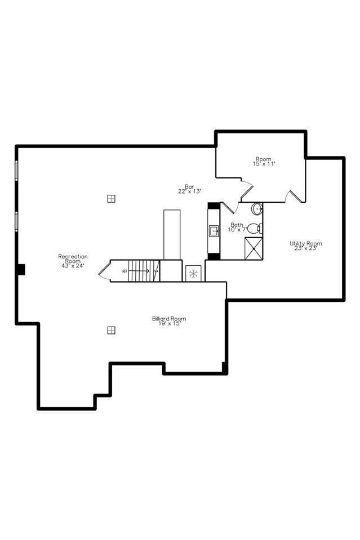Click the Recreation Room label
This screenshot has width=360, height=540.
pyautogui.click(x=73, y=258)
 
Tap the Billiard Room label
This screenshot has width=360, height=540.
pyautogui.click(x=168, y=319)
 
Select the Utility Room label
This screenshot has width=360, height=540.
pyautogui.click(x=306, y=243)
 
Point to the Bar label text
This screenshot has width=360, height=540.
pyautogui.click(x=189, y=186)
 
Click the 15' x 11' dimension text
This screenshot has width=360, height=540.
pyautogui.click(x=264, y=163)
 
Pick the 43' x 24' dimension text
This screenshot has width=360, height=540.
pyautogui.click(x=73, y=266)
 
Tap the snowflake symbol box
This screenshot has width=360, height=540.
pyautogui.click(x=193, y=273)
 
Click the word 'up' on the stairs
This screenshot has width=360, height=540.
pyautogui.click(x=124, y=271)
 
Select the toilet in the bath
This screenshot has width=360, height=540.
pyautogui.click(x=254, y=228)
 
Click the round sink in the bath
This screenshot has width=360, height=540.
pyautogui.click(x=257, y=209)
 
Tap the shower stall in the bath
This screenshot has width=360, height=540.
pyautogui.click(x=254, y=248)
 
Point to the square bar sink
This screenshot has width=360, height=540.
pyautogui.click(x=214, y=230)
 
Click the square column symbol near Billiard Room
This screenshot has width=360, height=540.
pyautogui.click(x=111, y=330)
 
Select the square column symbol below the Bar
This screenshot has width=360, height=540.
pyautogui.click(x=111, y=198)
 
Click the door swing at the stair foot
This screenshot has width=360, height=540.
pyautogui.click(x=105, y=271)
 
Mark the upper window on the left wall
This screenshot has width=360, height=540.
pyautogui.click(x=16, y=169)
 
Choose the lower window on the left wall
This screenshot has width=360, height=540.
pyautogui.click(x=16, y=221)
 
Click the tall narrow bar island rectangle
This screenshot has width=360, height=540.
pyautogui.click(x=172, y=234)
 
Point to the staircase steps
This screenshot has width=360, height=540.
pyautogui.click(x=144, y=270)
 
